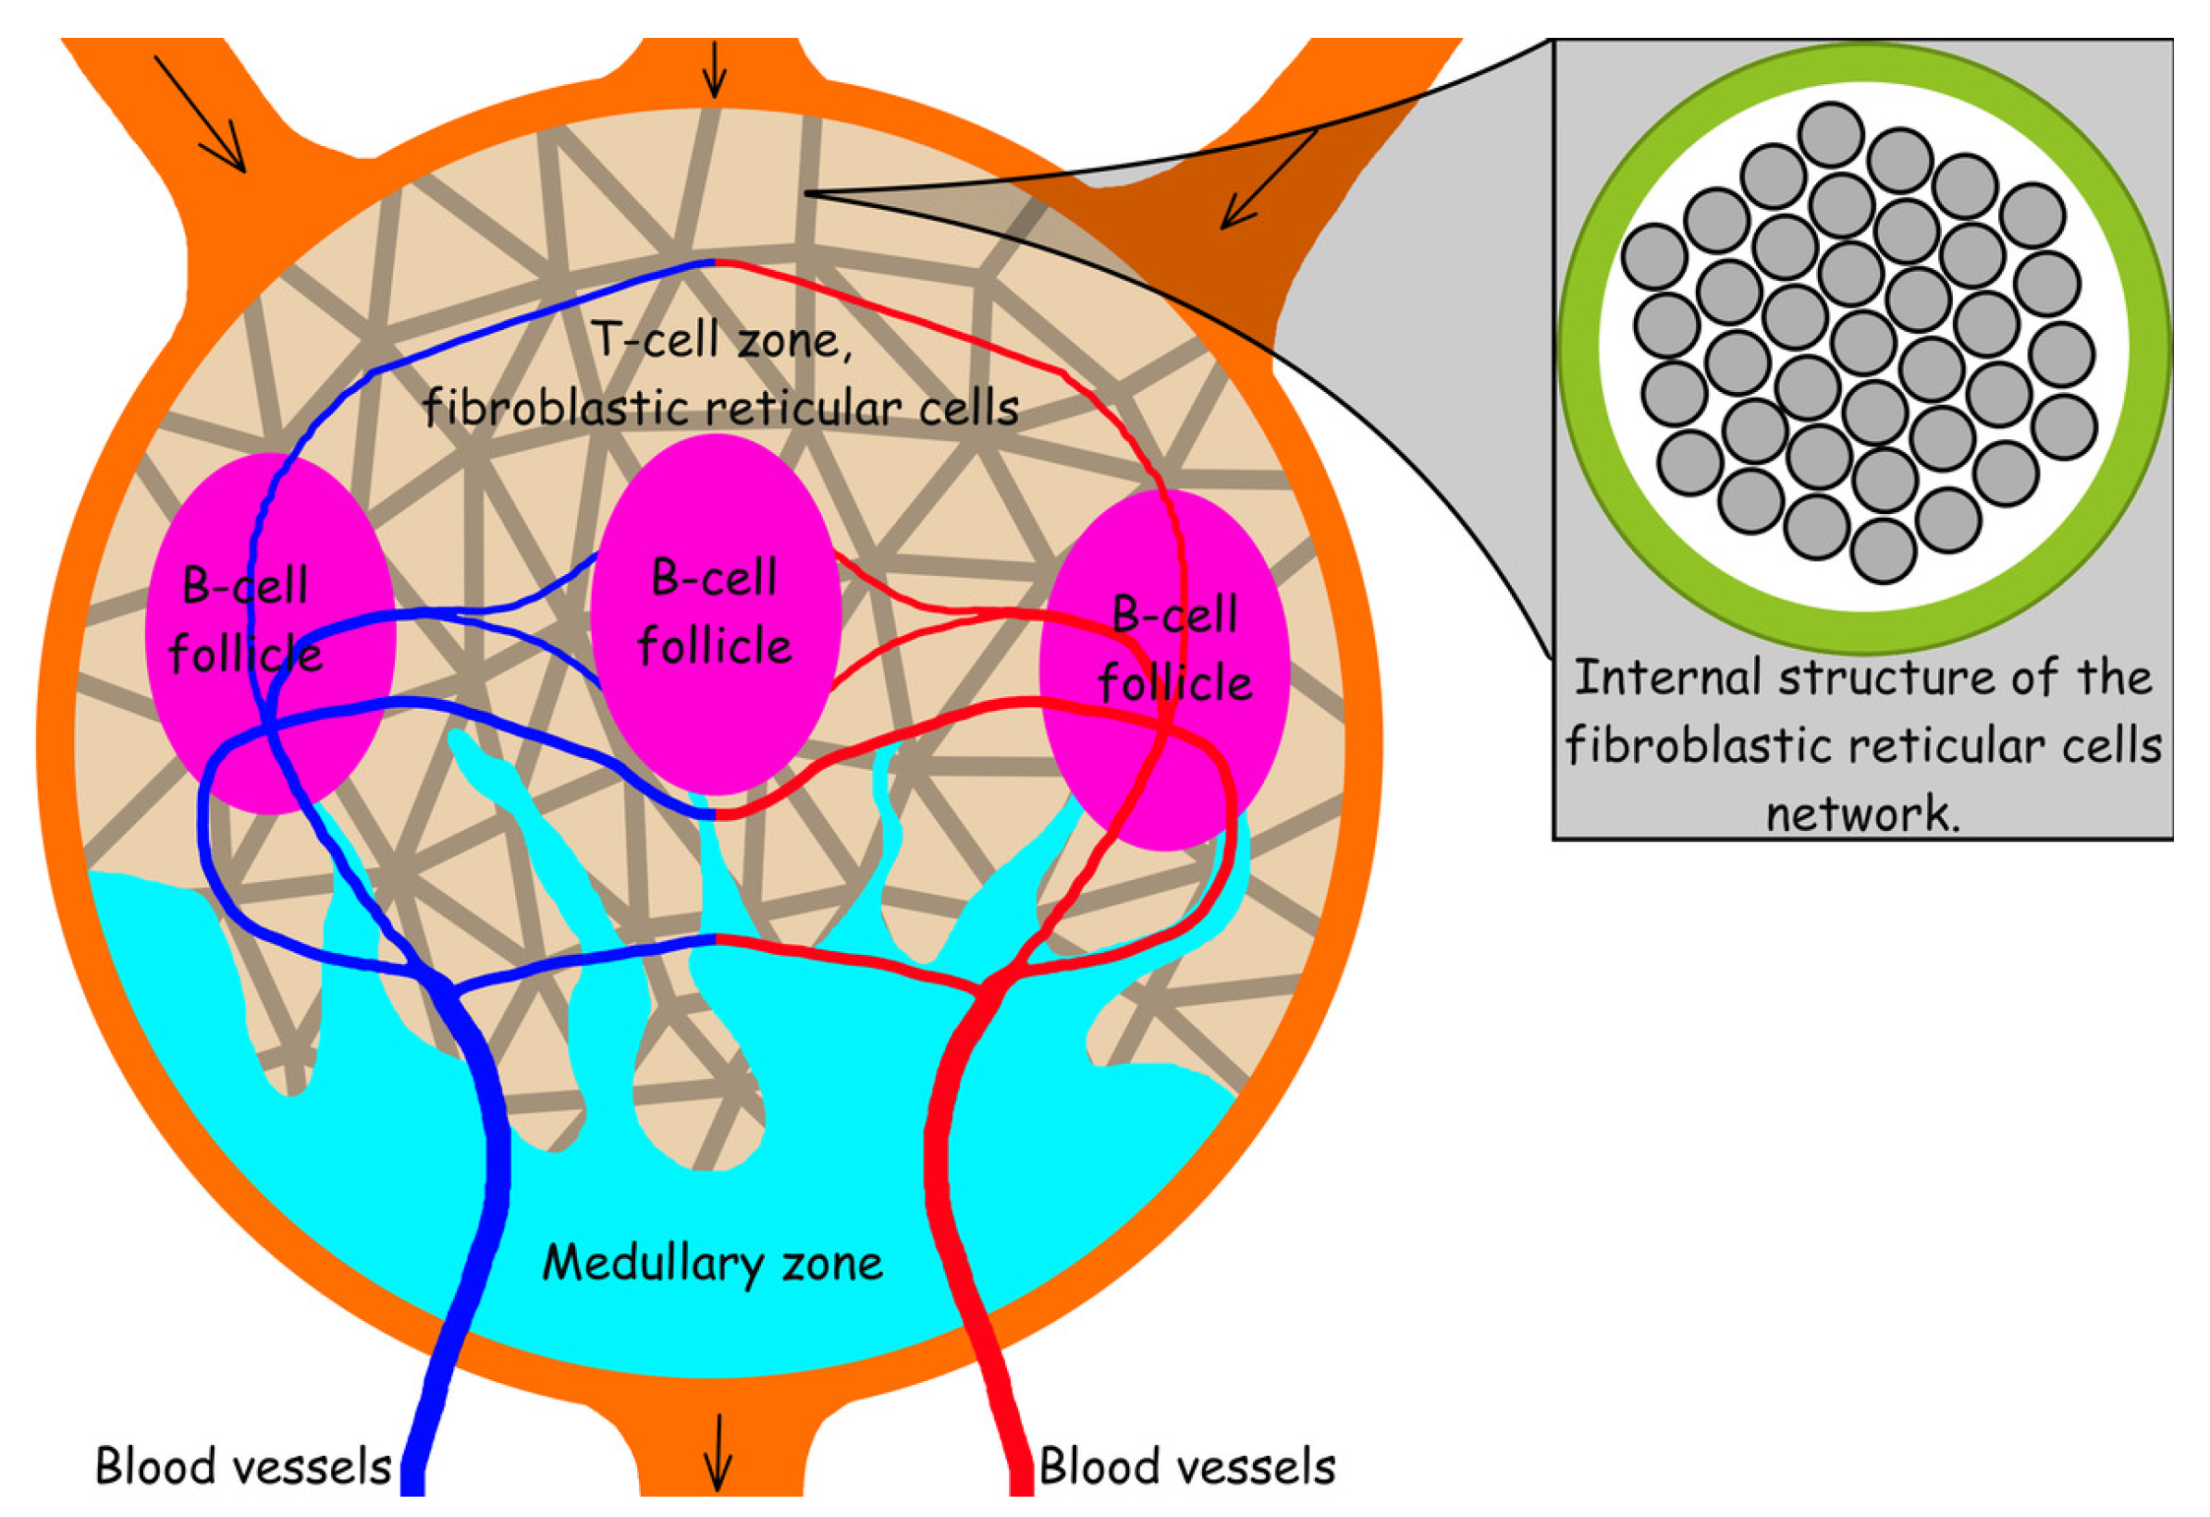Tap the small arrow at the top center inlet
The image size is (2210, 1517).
(714, 72)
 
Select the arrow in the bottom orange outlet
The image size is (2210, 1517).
(718, 1453)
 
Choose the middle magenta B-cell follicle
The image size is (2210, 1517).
(715, 614)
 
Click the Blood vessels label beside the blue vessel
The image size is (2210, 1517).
(242, 1467)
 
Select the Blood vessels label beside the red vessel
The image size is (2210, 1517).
(1186, 1467)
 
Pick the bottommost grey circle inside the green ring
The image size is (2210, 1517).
(1883, 550)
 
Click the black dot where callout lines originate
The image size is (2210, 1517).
(808, 194)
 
